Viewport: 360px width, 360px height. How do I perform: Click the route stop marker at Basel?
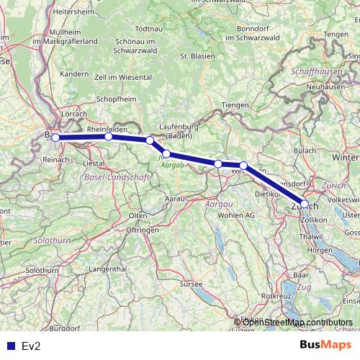pyautogui.click(x=55, y=138)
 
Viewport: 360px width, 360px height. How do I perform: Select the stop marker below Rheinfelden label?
pyautogui.click(x=108, y=136)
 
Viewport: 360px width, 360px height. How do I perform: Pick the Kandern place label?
pyautogui.click(x=73, y=73)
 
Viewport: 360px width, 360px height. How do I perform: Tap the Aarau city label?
pyautogui.click(x=175, y=197)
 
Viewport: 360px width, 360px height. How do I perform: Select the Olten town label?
pyautogui.click(x=138, y=215)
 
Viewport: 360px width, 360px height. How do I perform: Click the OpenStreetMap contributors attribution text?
pyautogui.click(x=293, y=322)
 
